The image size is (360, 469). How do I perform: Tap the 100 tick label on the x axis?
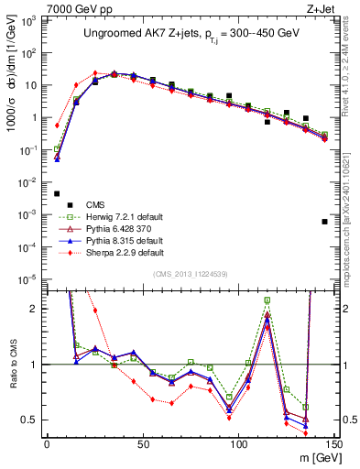(239, 446)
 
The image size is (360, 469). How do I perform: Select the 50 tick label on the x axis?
(143, 446)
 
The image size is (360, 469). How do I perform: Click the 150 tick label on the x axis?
(335, 446)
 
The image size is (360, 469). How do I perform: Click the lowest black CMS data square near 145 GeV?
(325, 222)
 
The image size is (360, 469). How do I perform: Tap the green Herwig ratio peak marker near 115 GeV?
(267, 300)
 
